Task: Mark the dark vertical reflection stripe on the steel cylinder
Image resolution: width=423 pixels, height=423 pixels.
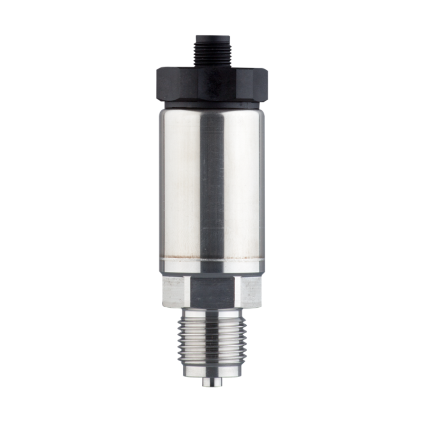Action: [x=212, y=185]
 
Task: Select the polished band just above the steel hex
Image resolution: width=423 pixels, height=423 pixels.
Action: [x=212, y=271]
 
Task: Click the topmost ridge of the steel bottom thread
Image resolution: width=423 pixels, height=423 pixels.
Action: [x=212, y=319]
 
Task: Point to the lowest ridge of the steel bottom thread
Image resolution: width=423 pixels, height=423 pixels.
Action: [x=212, y=362]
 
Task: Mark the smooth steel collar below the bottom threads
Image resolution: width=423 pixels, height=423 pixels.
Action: [x=212, y=371]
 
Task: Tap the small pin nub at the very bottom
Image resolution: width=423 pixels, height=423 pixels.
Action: [x=212, y=382]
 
